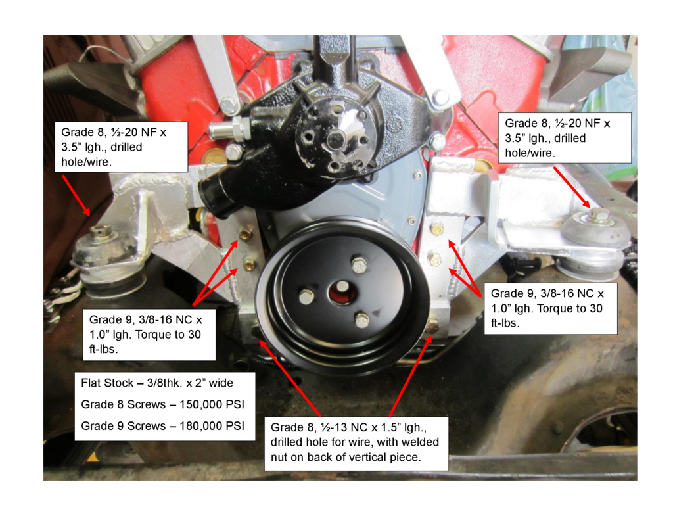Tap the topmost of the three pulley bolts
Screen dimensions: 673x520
pyautogui.click(x=359, y=265)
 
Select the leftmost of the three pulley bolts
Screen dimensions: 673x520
pyautogui.click(x=306, y=296)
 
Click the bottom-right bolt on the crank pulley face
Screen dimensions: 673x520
pyautogui.click(x=362, y=319)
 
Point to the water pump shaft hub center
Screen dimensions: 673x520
pyautogui.click(x=335, y=139)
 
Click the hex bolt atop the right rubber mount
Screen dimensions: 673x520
pyautogui.click(x=599, y=214)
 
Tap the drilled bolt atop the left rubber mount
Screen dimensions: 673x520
pyautogui.click(x=101, y=231)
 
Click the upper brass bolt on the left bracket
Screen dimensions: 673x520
pyautogui.click(x=246, y=233)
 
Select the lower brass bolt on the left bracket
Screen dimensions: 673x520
pyautogui.click(x=249, y=264)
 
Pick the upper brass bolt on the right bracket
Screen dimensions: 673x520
pyautogui.click(x=436, y=229)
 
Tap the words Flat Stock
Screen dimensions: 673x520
pyautogui.click(x=107, y=383)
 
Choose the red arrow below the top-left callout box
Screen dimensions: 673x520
pyautogui.click(x=76, y=195)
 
